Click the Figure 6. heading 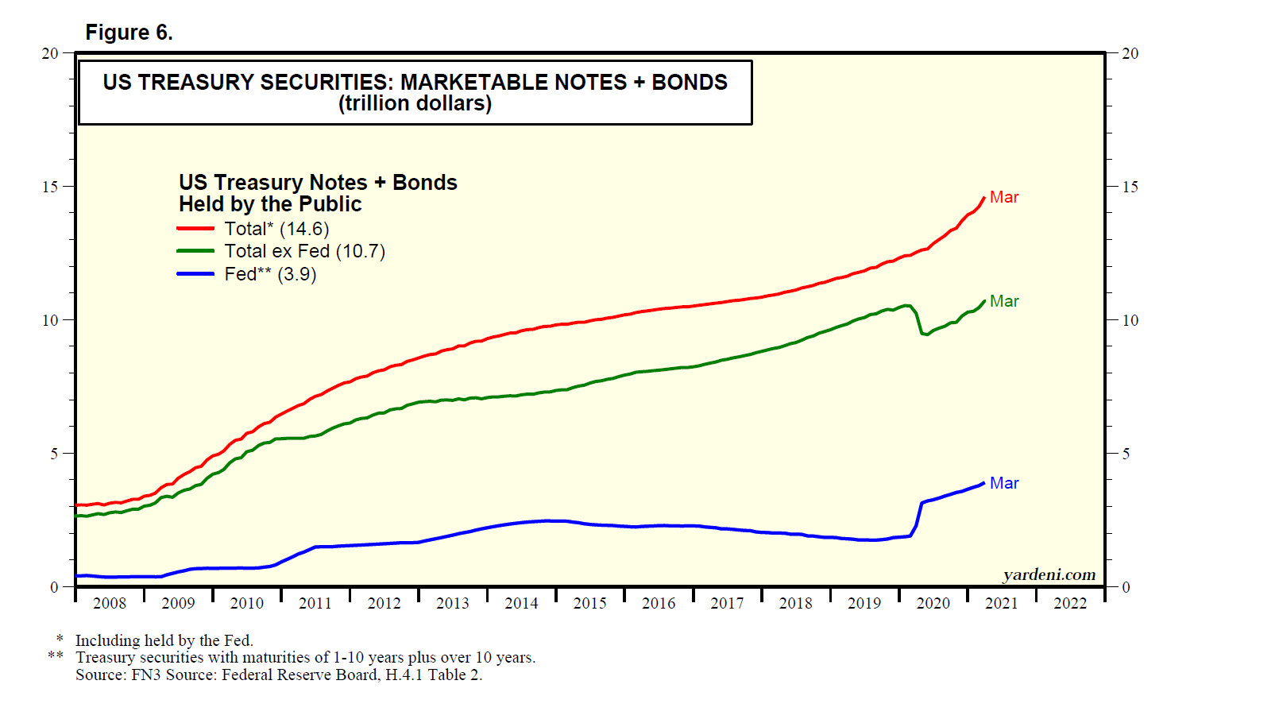(129, 33)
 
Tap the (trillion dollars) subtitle (415, 103)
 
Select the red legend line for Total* (195, 229)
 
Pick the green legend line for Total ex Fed (195, 251)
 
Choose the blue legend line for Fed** (195, 274)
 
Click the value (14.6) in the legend (304, 229)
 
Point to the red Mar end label (1004, 197)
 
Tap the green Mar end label (1004, 301)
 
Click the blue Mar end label (1004, 483)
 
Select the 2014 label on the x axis (521, 603)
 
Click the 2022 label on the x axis (1070, 603)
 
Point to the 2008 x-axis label (110, 603)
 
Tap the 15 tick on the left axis (50, 187)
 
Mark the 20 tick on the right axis (1130, 53)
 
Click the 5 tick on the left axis (54, 454)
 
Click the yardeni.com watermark (1049, 574)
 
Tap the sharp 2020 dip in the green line (924, 334)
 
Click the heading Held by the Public (270, 204)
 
